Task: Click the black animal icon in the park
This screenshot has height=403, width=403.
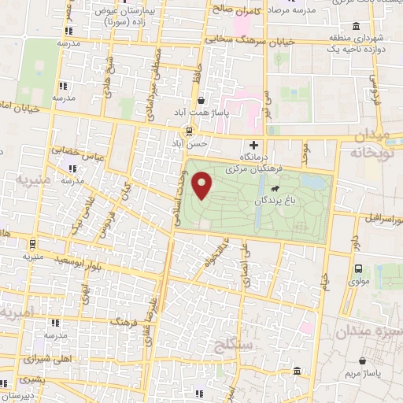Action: click(276, 189)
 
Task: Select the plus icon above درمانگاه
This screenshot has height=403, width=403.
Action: click(253, 145)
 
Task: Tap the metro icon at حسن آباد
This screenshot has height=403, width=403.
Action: click(189, 131)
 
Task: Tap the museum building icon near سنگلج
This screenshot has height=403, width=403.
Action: click(297, 372)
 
